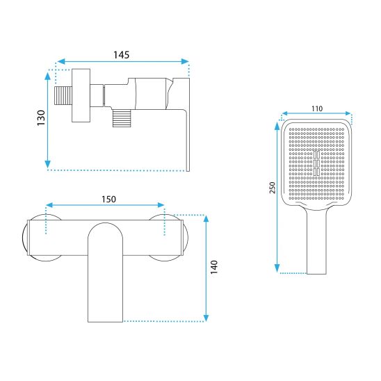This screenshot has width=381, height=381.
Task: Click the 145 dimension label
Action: coord(121,55)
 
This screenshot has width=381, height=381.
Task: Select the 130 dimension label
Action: coord(41,118)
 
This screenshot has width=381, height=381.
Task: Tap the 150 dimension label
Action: coord(108,200)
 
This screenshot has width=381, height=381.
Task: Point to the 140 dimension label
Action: coord(214,267)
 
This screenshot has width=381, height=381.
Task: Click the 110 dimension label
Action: coord(317,108)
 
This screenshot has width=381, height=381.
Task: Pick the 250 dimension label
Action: coord(273,188)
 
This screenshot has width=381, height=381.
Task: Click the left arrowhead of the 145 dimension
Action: coord(60,61)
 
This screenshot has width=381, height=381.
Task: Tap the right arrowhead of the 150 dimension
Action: coord(161,205)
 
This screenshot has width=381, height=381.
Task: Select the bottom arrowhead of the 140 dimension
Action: coord(206,318)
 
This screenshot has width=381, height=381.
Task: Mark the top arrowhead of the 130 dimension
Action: coord(48,76)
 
